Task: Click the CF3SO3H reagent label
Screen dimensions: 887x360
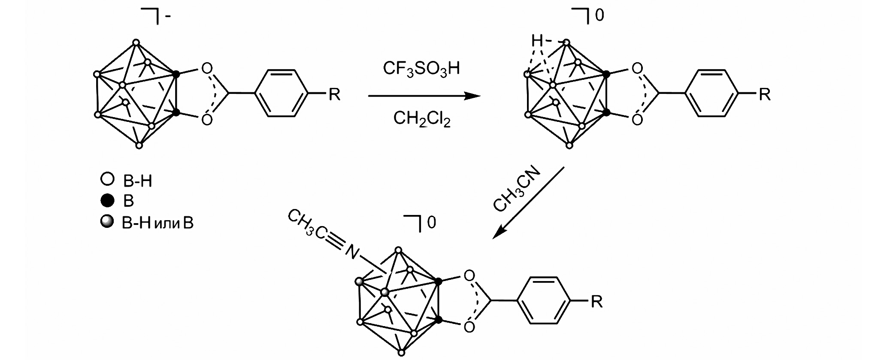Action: click(x=421, y=68)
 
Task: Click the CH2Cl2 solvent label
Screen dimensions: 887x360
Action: click(x=422, y=118)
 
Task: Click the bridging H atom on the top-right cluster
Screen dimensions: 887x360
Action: click(x=536, y=41)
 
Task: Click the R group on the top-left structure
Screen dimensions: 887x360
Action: click(x=334, y=94)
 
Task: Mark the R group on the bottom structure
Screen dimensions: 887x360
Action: click(x=597, y=302)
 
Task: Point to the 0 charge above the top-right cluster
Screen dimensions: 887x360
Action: click(x=599, y=16)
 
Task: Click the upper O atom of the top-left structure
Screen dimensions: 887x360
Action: click(x=207, y=68)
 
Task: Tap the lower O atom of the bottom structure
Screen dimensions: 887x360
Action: click(x=469, y=327)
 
